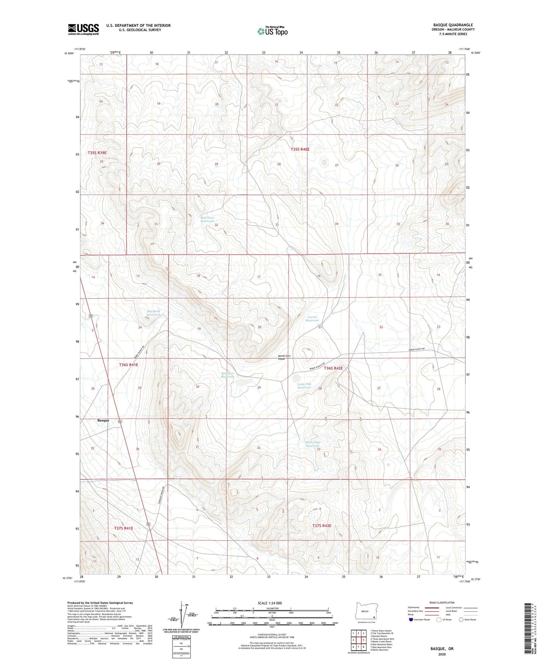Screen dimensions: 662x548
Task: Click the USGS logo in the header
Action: point(83,29)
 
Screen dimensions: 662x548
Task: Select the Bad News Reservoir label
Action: point(207,219)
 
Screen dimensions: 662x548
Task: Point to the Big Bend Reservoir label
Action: point(154,313)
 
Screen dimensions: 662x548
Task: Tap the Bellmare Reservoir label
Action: point(228,375)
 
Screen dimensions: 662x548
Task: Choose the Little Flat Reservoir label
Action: point(304,386)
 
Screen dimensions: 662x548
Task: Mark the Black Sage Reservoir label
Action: point(313,444)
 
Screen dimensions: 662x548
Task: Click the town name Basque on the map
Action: point(103,420)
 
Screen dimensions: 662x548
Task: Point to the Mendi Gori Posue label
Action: point(284,357)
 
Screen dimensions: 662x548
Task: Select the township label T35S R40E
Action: point(300,149)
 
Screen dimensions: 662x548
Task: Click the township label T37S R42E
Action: point(322,526)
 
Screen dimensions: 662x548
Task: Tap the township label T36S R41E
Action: point(129,365)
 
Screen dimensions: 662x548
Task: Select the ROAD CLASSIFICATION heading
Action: point(441,602)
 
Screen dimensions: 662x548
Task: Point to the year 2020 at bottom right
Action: point(441,654)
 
